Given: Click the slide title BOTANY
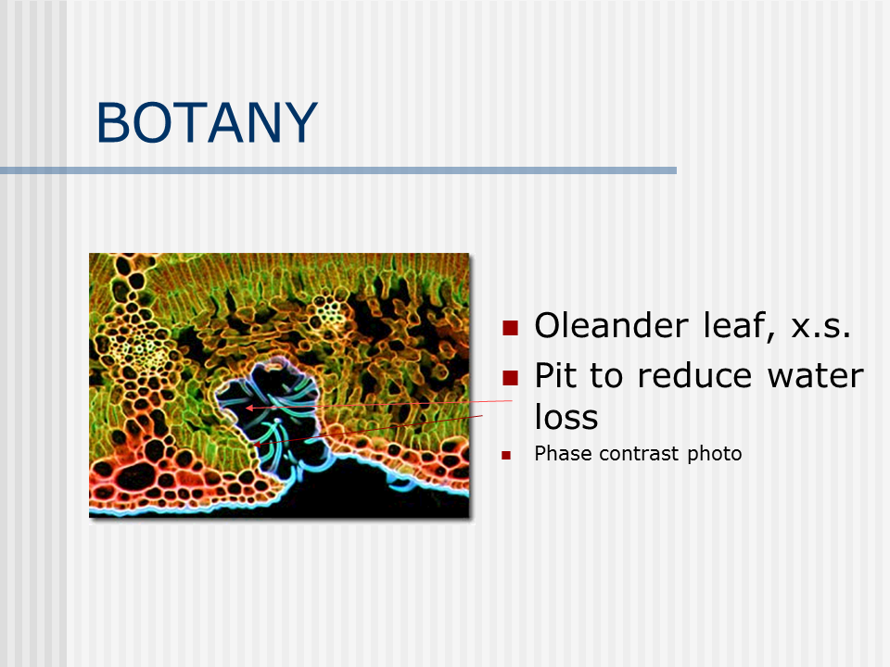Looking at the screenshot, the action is coord(207,122).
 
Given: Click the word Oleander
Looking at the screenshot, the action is coord(611,325).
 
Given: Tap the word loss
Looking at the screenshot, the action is coord(566,417).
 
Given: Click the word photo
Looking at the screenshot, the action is coord(714,454).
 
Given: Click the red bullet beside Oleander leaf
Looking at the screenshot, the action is coord(510,328).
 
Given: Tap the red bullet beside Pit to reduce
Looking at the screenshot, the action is coord(510,378).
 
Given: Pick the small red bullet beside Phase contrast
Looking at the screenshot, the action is coord(506,455).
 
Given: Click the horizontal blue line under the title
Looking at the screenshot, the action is coord(338,170).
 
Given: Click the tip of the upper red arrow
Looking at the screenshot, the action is coord(246,408).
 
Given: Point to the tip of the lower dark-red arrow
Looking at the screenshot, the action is coord(255,446).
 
